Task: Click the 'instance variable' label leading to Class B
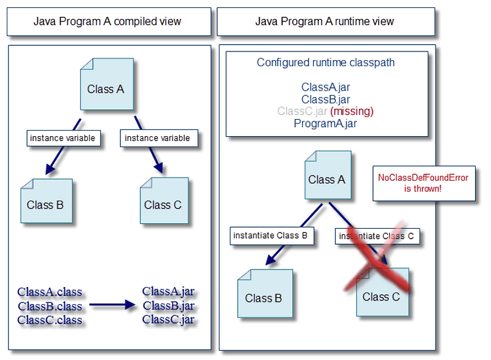point(63,139)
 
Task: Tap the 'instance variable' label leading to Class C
point(159,139)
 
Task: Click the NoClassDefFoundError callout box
point(423,183)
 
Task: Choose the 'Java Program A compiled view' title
point(107,21)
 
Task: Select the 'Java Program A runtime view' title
point(325,21)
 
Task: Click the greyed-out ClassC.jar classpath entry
point(302,112)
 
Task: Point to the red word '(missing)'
point(352,112)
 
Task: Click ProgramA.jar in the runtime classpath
point(325,123)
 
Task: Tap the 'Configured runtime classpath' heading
point(326,63)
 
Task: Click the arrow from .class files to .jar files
point(112,305)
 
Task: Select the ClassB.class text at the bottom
point(50,305)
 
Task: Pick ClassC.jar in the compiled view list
point(168,319)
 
